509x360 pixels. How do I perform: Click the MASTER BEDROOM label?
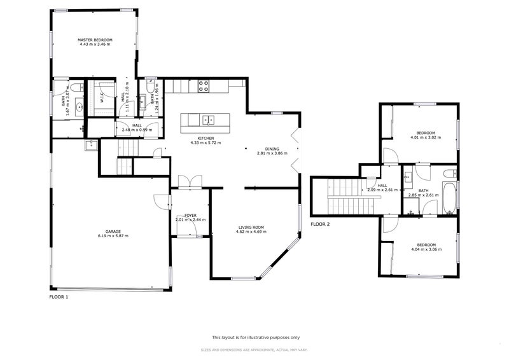point(95,40)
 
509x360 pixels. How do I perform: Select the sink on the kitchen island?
point(207,119)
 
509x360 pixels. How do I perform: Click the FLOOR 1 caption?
point(59,297)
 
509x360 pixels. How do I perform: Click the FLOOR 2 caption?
point(320,225)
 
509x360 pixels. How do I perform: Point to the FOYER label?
point(190,216)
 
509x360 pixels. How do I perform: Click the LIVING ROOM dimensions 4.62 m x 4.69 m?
point(251,232)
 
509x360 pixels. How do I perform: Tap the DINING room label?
point(272,149)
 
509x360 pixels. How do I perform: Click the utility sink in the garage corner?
point(90,145)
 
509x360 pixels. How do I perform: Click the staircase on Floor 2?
point(347,197)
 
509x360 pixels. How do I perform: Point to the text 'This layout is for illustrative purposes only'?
point(255,338)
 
